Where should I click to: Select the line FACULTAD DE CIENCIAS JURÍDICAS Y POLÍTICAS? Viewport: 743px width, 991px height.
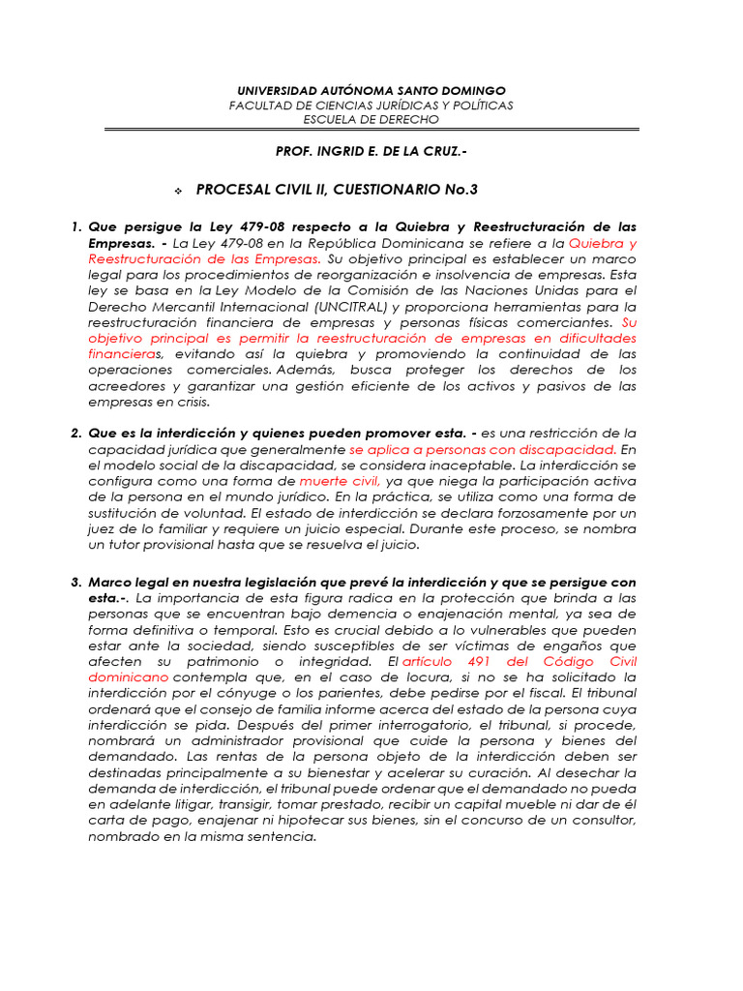click(x=371, y=105)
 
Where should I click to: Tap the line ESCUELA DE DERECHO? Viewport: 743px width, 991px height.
click(x=371, y=119)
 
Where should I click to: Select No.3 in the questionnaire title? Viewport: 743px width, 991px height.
click(x=453, y=189)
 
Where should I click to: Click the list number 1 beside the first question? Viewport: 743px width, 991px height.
click(x=75, y=227)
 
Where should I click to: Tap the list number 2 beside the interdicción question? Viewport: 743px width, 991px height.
click(x=75, y=432)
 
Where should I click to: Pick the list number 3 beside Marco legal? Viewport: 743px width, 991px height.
click(x=75, y=582)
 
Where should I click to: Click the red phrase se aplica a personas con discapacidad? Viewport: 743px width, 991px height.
click(x=483, y=449)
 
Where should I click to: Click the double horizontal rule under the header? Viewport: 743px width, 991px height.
click(x=371, y=129)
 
